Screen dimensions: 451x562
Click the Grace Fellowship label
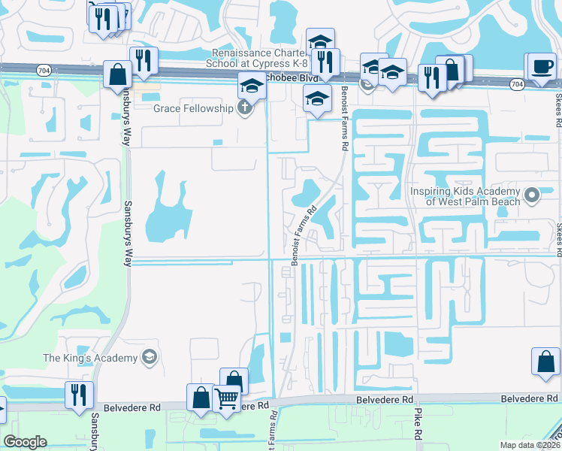(194, 109)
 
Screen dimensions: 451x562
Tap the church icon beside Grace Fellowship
(243, 109)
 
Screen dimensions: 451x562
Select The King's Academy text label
(91, 357)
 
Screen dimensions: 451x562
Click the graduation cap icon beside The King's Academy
(150, 356)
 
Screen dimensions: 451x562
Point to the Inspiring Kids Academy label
(466, 196)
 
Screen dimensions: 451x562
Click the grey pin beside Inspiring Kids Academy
(533, 196)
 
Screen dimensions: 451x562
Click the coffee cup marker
(542, 67)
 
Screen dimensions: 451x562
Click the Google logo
(26, 442)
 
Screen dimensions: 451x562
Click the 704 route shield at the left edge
(43, 69)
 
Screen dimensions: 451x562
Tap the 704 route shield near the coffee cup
(516, 85)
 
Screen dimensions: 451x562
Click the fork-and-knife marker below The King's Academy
(80, 395)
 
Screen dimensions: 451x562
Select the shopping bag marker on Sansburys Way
(118, 74)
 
